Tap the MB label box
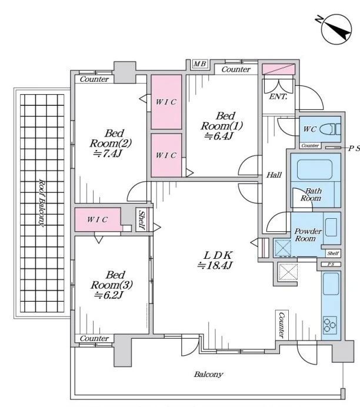coord(200,64)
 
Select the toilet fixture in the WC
coord(330,129)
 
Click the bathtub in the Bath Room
coord(315,169)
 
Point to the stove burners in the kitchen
coord(330,325)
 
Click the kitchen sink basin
coord(331,283)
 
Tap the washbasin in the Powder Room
coord(331,227)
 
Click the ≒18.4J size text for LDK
coord(215,265)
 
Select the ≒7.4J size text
coord(108,154)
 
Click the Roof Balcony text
coord(42,202)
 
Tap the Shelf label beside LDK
coord(142,219)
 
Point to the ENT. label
coord(278,97)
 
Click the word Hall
coord(274,175)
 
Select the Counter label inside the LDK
coord(282,325)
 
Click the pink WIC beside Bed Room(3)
coord(98,219)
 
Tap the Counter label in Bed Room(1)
coord(236,69)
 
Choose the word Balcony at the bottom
coord(208,374)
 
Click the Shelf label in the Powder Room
coord(333,253)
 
